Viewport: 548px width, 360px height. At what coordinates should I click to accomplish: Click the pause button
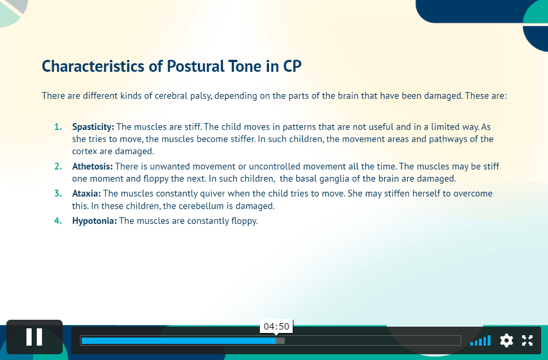(35, 337)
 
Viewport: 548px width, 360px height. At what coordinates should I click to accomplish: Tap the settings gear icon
(507, 340)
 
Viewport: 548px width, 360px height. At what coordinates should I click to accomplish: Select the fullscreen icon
(527, 340)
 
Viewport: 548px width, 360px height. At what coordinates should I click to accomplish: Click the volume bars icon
(481, 340)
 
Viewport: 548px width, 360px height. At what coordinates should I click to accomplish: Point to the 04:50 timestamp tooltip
(277, 327)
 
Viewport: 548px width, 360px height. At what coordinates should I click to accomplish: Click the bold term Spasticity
(93, 127)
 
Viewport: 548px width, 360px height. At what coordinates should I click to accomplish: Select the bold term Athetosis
(92, 166)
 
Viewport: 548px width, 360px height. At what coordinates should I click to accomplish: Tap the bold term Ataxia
(86, 194)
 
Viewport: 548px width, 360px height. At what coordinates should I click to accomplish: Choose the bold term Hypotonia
(94, 221)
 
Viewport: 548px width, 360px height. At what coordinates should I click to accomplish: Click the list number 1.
(58, 127)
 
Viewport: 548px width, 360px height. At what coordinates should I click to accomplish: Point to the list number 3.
(58, 194)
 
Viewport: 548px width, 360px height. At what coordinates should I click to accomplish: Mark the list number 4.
(58, 221)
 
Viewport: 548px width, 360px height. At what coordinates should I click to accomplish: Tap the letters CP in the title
(292, 66)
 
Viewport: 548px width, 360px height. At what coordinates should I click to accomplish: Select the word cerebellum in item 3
(201, 206)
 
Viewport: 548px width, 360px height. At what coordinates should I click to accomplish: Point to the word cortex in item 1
(85, 151)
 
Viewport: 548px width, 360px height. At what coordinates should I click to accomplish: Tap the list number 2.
(58, 166)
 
